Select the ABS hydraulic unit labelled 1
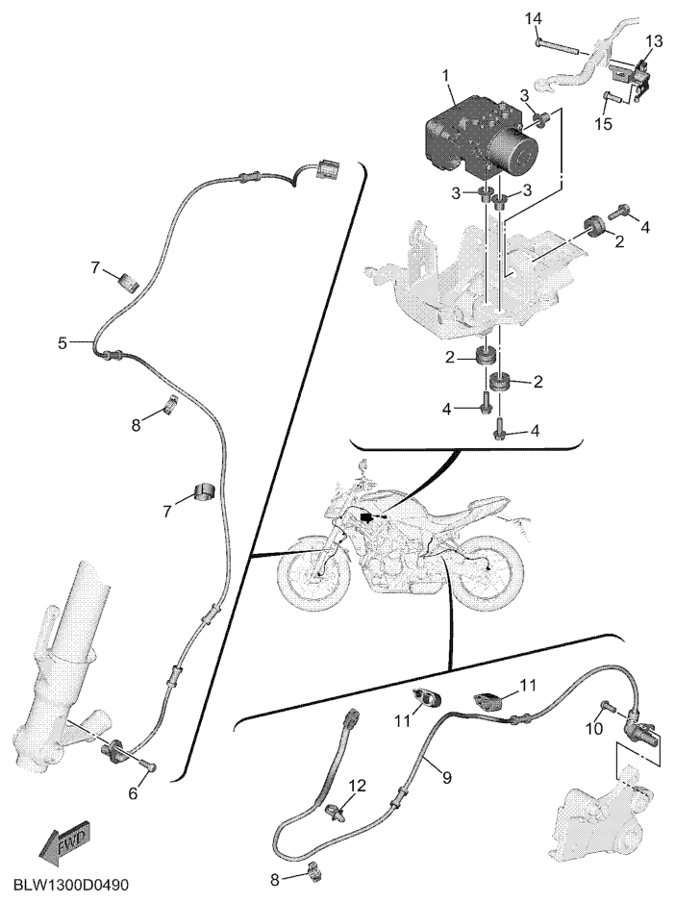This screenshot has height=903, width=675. click(x=483, y=136)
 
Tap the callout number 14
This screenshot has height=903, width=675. click(x=534, y=19)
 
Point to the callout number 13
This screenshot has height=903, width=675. click(x=654, y=41)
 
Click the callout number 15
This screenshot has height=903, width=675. click(x=604, y=124)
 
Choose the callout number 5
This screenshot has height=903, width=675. click(x=62, y=344)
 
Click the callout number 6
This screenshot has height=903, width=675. click(x=133, y=793)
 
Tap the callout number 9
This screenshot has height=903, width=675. click(x=447, y=777)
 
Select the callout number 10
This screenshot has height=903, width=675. click(x=594, y=729)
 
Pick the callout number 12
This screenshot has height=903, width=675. click(x=357, y=786)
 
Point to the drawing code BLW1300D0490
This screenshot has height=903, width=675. click(x=70, y=885)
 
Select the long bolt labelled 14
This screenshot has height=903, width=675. click(x=559, y=46)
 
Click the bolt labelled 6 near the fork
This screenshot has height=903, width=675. click(x=149, y=765)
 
